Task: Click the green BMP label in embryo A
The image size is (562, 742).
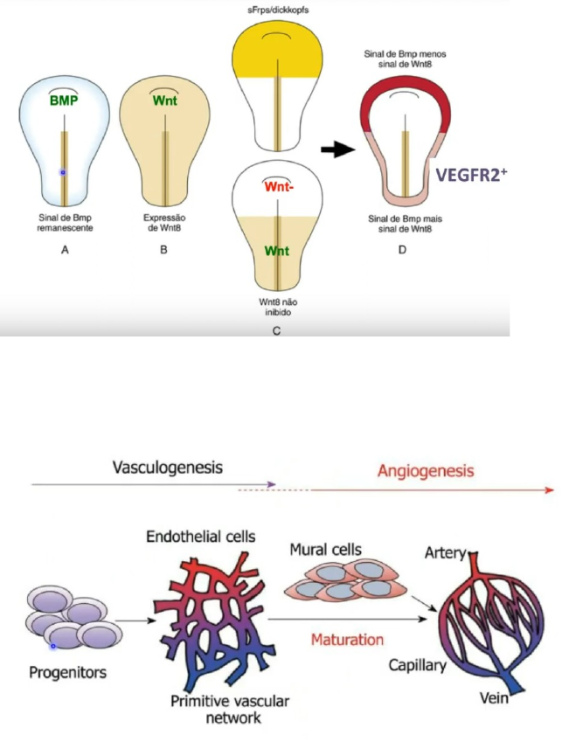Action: [x=64, y=100]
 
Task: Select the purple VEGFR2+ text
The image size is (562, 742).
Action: [x=471, y=175]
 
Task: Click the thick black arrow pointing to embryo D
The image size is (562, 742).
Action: [x=337, y=149]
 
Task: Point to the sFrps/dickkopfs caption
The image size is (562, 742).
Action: [x=278, y=9]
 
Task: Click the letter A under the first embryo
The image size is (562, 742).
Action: [x=66, y=249]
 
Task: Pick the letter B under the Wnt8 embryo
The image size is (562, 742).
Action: [x=163, y=249]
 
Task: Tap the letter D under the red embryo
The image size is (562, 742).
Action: [x=402, y=249]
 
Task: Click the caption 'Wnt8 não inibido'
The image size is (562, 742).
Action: [x=278, y=307]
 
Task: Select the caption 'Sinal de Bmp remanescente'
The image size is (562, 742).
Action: [x=66, y=222]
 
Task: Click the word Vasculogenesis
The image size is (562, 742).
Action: [x=168, y=468]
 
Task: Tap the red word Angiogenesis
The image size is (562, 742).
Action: [x=426, y=471]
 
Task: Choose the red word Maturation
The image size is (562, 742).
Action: [x=347, y=640]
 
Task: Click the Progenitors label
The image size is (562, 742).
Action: [x=67, y=672]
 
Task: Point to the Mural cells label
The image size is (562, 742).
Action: [x=325, y=550]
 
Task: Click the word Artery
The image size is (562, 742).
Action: [x=446, y=552]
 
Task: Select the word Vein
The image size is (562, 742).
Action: [x=494, y=697]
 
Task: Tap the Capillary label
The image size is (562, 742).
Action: [x=417, y=665]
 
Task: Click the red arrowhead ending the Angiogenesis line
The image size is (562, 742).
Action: [x=549, y=490]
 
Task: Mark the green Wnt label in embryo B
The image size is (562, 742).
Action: [x=164, y=100]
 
